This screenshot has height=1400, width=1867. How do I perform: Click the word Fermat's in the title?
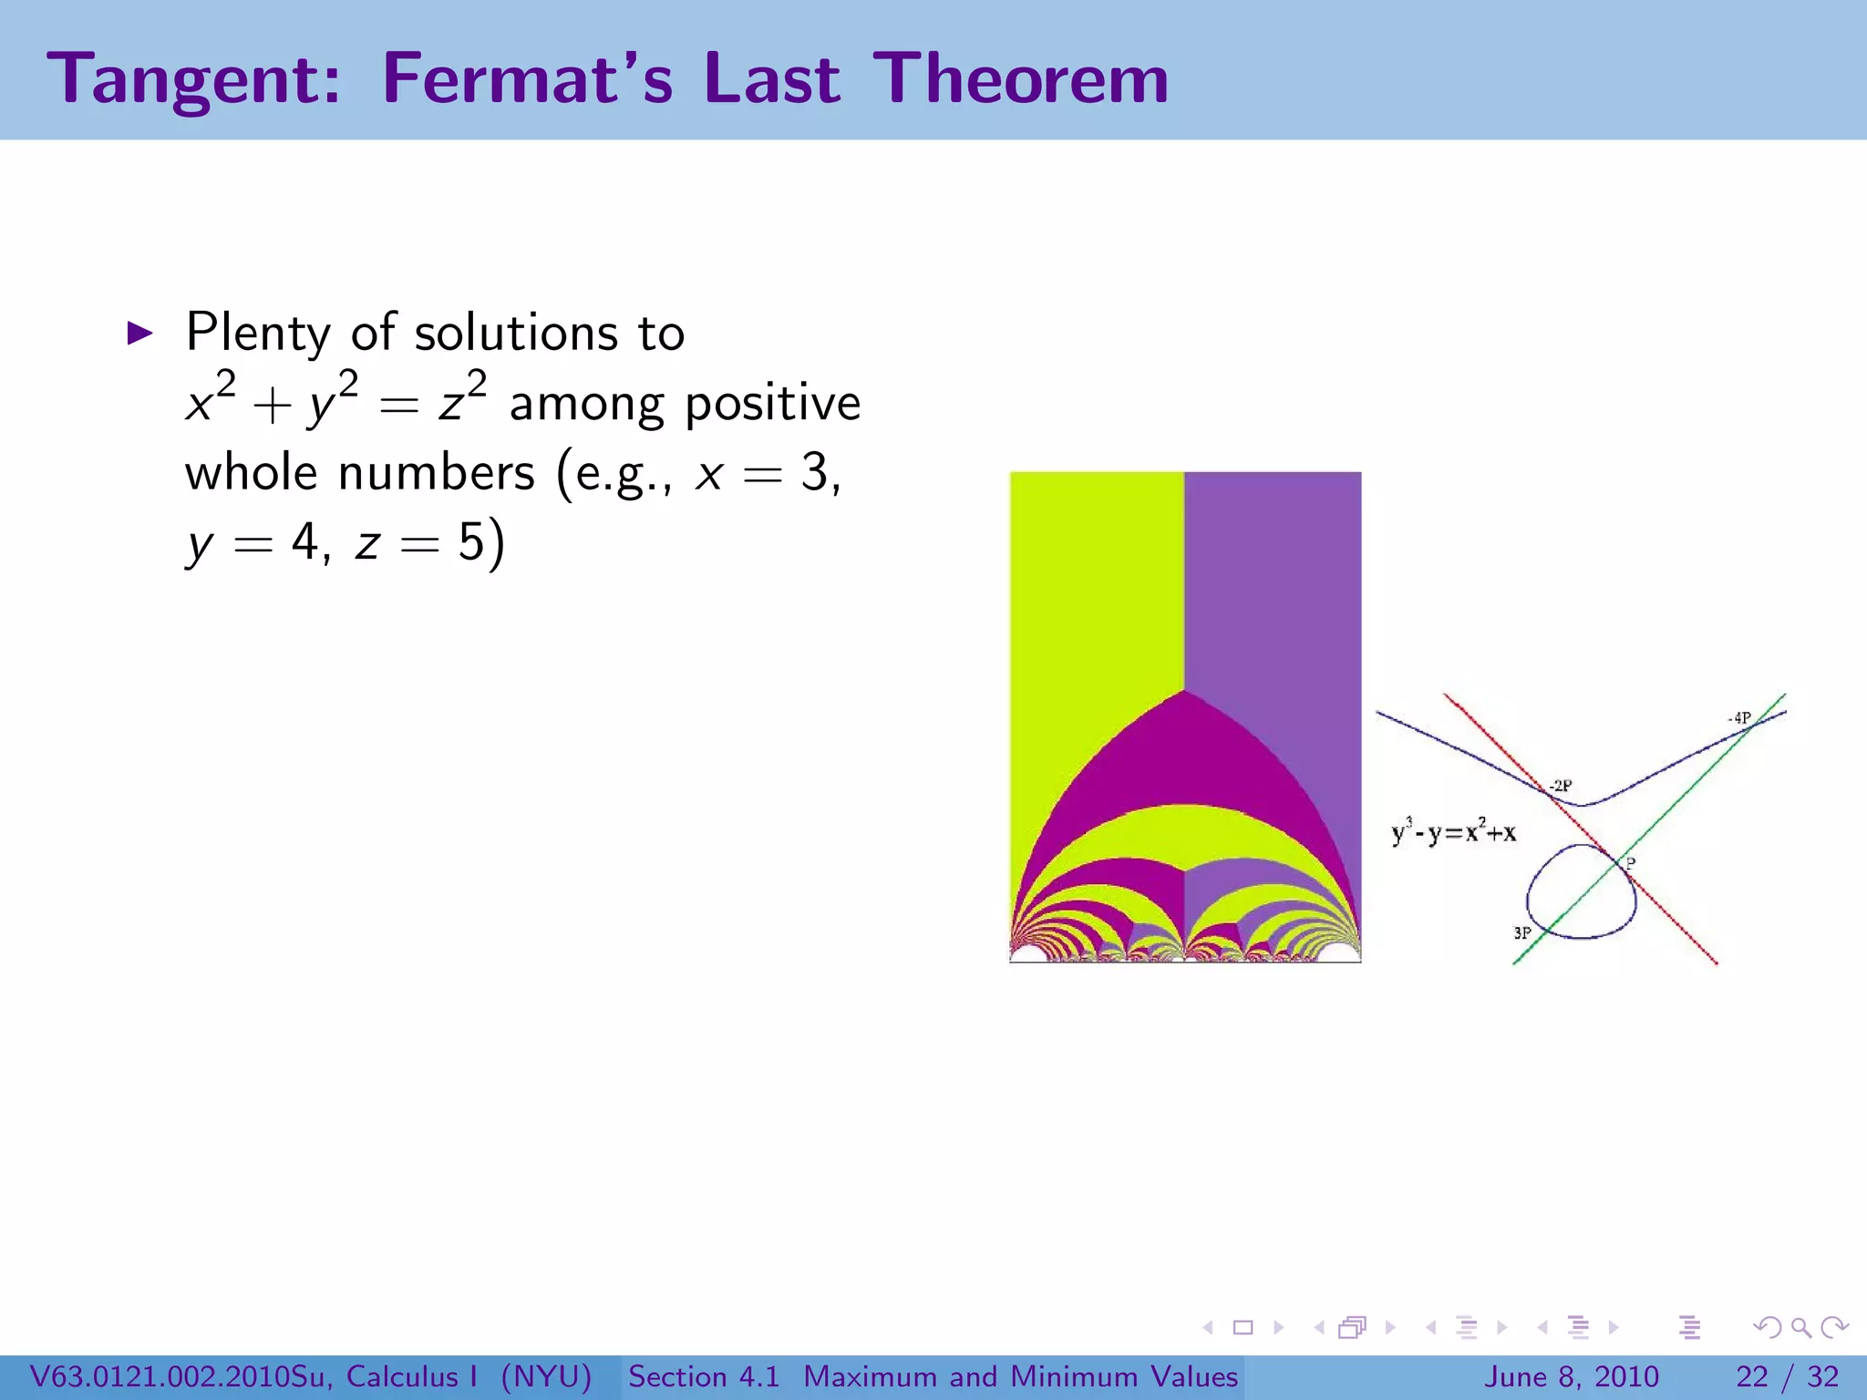527,78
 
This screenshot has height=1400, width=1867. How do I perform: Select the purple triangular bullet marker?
139,333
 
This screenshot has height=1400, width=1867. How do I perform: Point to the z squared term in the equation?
461,401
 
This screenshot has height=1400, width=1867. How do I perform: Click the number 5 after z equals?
471,542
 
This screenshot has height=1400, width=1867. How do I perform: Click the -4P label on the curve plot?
1739,718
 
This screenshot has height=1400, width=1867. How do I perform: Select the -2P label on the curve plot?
1561,785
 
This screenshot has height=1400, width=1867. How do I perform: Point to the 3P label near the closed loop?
1522,932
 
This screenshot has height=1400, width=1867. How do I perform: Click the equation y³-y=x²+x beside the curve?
1453,831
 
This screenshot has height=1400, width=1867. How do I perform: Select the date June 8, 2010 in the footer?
1573,1376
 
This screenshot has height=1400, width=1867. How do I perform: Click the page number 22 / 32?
1787,1376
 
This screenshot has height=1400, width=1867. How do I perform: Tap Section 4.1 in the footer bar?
704,1376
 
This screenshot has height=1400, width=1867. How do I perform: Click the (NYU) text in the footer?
546,1376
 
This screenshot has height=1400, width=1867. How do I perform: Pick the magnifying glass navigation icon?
1800,1327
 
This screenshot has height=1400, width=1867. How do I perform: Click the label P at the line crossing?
1631,862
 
